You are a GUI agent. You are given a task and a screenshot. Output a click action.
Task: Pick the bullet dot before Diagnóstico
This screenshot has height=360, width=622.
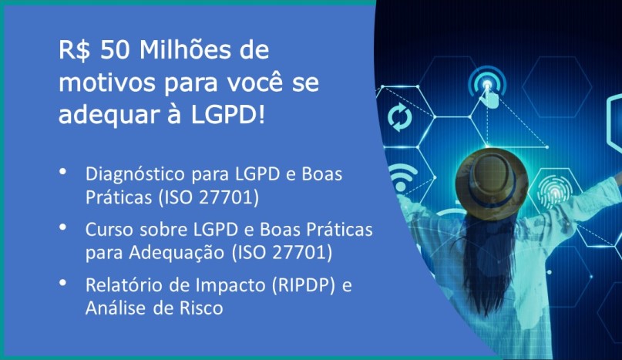pyautogui.click(x=62, y=172)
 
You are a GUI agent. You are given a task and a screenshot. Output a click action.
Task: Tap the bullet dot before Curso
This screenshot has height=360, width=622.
pyautogui.click(x=62, y=227)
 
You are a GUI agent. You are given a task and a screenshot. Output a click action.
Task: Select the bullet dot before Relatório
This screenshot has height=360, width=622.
pyautogui.click(x=62, y=283)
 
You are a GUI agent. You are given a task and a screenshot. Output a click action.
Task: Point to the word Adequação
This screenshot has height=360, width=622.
pyautogui.click(x=177, y=254)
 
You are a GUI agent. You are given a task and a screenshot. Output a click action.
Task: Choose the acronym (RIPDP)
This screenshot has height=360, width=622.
pyautogui.click(x=304, y=285)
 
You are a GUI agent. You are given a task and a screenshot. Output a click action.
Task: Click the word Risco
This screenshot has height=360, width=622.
pyautogui.click(x=201, y=308)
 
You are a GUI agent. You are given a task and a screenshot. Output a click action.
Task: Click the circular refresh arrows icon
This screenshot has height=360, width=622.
pyautogui.click(x=399, y=117)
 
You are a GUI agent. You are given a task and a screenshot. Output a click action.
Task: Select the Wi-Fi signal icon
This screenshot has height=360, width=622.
pyautogui.click(x=402, y=178)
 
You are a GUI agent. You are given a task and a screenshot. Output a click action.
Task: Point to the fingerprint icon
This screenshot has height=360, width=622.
pyautogui.click(x=555, y=192)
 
